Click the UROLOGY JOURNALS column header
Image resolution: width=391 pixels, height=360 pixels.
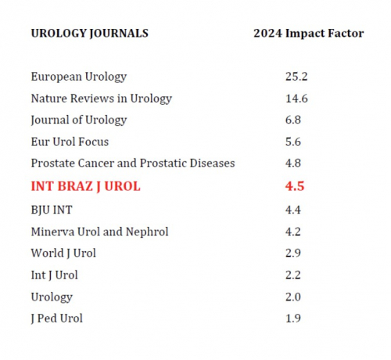[90, 34]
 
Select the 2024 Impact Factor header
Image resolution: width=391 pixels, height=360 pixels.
[309, 34]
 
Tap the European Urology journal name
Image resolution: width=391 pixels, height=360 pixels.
[79, 77]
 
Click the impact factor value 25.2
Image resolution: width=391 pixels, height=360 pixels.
[296, 77]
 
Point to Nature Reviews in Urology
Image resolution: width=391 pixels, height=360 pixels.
[102, 99]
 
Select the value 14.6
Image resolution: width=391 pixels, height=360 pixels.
[296, 99]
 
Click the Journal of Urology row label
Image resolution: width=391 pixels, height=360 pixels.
[79, 121]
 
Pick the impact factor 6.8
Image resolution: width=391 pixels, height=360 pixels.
[293, 120]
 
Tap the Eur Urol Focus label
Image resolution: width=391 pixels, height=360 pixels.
[70, 142]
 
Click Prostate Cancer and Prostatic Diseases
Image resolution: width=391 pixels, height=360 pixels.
[133, 164]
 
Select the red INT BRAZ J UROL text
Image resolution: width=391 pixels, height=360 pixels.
[85, 186]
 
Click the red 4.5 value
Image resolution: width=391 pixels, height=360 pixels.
[295, 186]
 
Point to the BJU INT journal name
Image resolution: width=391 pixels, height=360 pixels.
[52, 211]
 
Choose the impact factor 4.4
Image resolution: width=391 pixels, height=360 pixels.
[293, 210]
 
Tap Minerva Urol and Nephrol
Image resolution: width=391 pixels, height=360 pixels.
[99, 232]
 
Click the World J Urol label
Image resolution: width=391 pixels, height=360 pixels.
[63, 254]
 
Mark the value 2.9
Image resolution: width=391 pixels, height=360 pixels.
[293, 253]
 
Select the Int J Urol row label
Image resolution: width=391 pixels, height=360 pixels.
[54, 275]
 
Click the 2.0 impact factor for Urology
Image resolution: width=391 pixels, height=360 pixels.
[293, 297]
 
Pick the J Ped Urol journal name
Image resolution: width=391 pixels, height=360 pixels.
[56, 319]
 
